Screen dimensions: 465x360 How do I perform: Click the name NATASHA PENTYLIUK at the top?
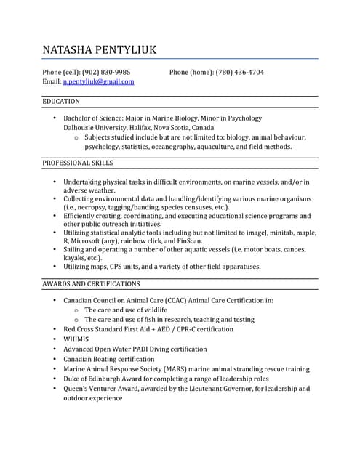[x=99, y=50]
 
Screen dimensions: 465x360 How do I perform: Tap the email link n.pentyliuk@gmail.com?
[x=98, y=82]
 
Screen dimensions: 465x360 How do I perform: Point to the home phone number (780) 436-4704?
[x=239, y=72]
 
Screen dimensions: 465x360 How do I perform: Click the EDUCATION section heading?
[x=61, y=102]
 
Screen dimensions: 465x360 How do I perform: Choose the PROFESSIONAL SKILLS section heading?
[x=78, y=163]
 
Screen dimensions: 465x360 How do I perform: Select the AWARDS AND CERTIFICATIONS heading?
[x=91, y=283]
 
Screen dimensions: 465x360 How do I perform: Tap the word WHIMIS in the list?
[x=76, y=339]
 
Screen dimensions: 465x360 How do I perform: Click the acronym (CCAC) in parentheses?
[x=170, y=300]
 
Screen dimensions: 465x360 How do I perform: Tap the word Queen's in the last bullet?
[x=77, y=389]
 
